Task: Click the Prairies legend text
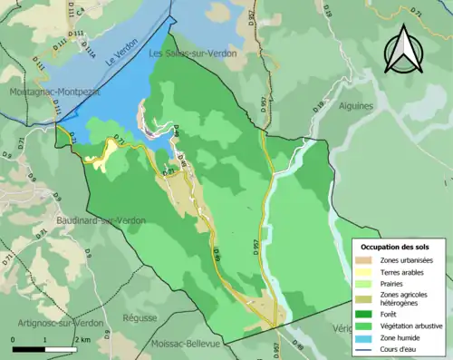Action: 400,284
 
